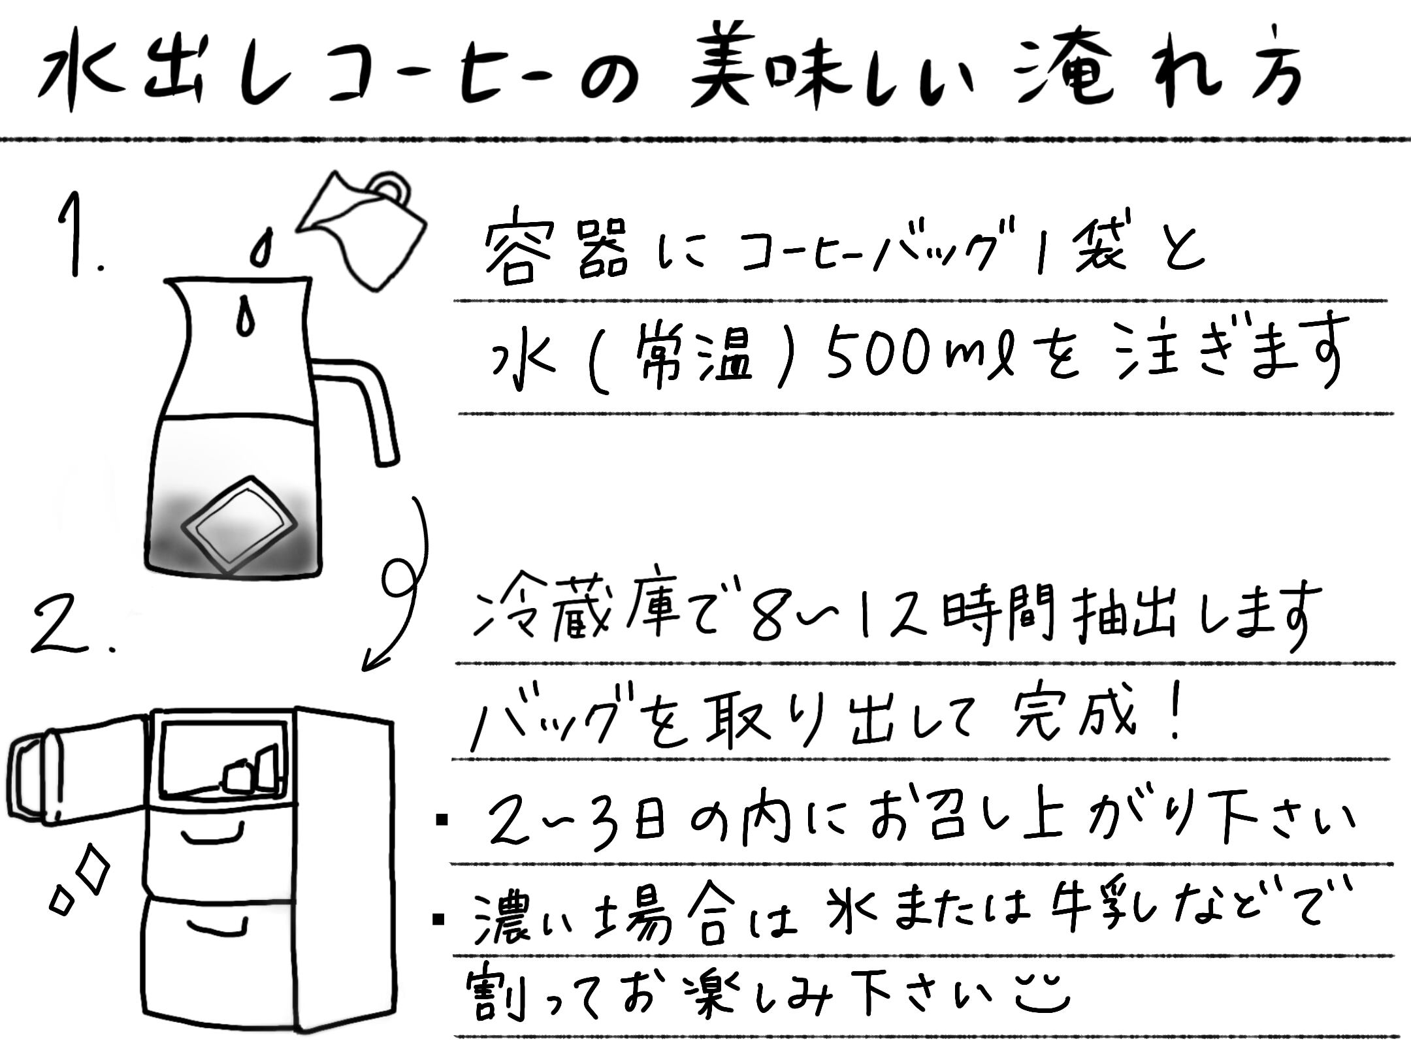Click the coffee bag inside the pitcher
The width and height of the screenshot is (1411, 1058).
pyautogui.click(x=238, y=526)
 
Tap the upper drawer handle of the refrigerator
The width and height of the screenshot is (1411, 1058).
pyautogui.click(x=212, y=833)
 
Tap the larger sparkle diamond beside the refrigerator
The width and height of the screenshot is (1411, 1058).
pyautogui.click(x=91, y=872)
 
